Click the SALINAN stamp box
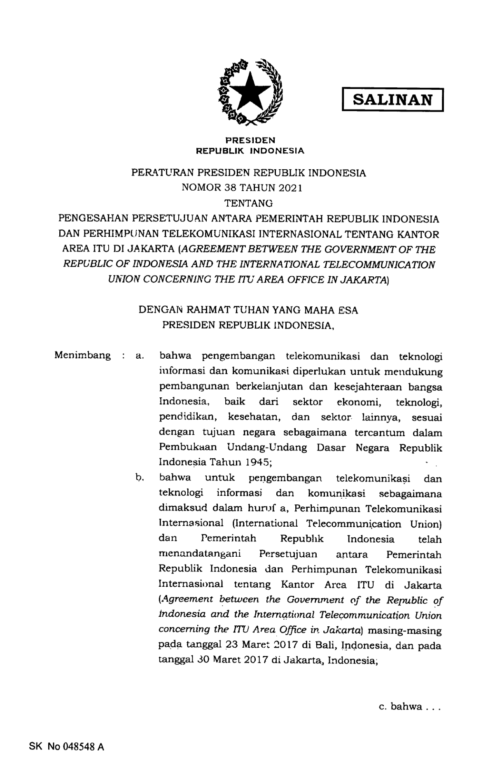coord(392,100)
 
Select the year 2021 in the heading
coord(290,188)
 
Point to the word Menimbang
coord(82,355)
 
